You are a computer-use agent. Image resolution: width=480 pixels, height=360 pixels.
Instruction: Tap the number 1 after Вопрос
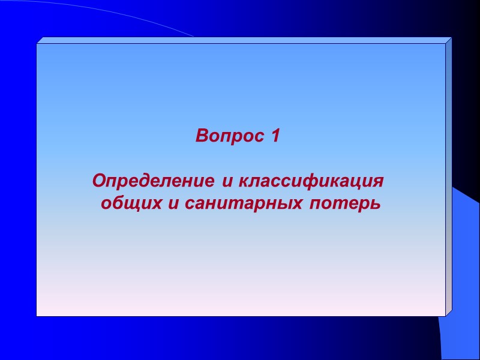point(275,137)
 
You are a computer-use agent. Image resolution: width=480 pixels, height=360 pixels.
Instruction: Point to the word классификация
point(311,181)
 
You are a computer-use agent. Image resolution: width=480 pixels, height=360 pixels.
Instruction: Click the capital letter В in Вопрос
point(202,137)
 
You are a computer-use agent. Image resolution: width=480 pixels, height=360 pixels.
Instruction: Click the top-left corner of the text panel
point(37,44)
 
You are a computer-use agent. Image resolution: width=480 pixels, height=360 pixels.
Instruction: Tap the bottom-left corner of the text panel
point(37,316)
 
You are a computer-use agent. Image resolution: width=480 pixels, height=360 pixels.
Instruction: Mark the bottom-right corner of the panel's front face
point(445,316)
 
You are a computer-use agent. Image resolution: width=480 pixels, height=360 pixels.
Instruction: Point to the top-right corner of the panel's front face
point(445,44)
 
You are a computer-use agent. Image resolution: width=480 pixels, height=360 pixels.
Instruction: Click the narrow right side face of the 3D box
point(448,180)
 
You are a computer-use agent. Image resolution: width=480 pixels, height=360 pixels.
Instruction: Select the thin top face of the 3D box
point(240,40)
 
